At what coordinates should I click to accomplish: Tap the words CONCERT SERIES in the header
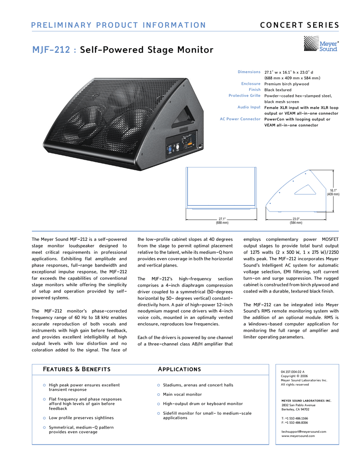[x=299, y=25]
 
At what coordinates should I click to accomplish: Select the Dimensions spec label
[x=249, y=72]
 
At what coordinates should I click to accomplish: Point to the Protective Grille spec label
[x=244, y=96]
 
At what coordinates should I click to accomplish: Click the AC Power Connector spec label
[x=240, y=119]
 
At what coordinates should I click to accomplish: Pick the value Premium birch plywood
[x=287, y=84]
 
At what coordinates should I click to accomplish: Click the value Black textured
[x=278, y=90]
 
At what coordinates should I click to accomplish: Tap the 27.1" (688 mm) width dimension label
[x=222, y=221]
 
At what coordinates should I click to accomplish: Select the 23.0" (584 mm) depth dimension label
[x=296, y=221]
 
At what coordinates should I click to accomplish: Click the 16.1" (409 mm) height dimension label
[x=333, y=192]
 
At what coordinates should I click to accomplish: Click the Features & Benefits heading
[x=76, y=369]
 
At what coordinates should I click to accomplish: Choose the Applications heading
[x=179, y=369]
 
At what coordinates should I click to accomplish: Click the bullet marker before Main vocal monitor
[x=158, y=395]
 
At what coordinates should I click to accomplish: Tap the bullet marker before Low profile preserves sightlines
[x=44, y=418]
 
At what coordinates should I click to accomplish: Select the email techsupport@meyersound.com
[x=304, y=431]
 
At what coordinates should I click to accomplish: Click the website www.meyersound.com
[x=298, y=436]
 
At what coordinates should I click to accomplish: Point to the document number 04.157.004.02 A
[x=293, y=372]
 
